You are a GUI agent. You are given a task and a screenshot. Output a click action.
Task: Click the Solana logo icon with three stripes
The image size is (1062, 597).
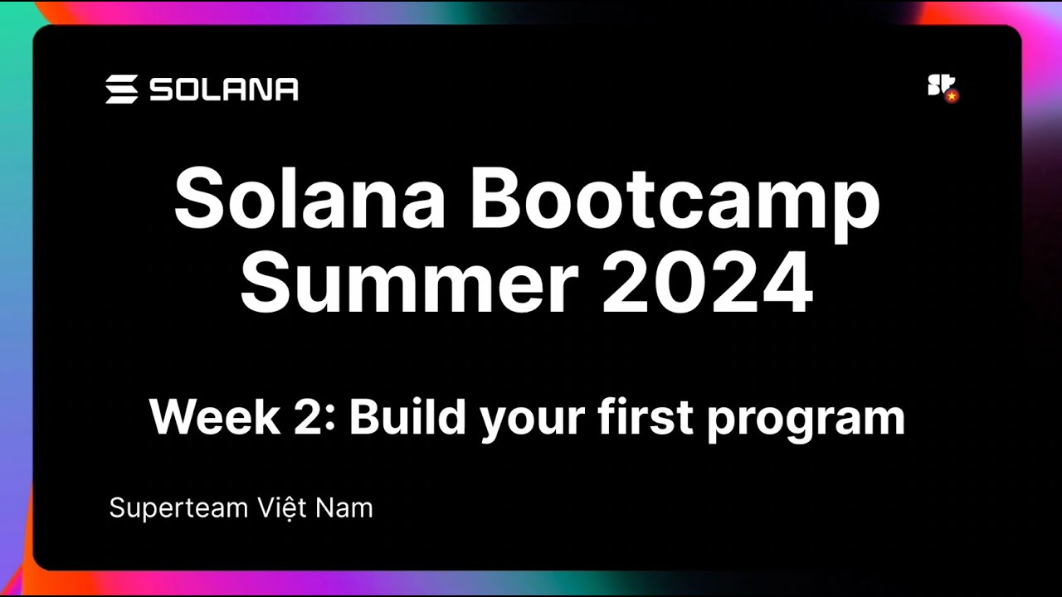[121, 90]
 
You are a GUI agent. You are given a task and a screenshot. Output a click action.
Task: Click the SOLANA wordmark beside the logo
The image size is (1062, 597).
[224, 90]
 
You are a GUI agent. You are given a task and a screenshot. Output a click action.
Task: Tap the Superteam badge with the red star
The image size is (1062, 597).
[942, 88]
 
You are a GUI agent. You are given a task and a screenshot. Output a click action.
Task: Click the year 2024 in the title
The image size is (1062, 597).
[708, 284]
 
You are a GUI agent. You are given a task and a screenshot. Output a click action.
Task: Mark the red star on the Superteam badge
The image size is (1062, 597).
[952, 96]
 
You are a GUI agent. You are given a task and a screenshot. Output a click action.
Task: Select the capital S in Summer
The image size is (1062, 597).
[264, 284]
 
